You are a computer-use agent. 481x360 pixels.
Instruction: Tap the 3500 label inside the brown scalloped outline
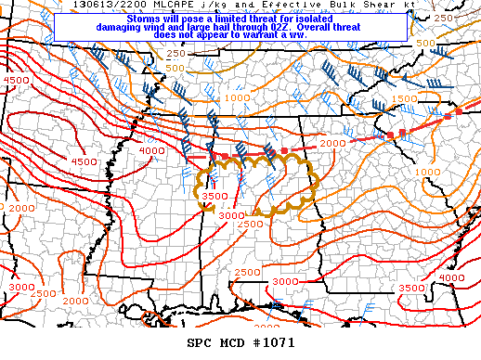pyautogui.click(x=214, y=196)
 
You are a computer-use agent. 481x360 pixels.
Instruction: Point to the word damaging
pyautogui.click(x=123, y=28)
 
